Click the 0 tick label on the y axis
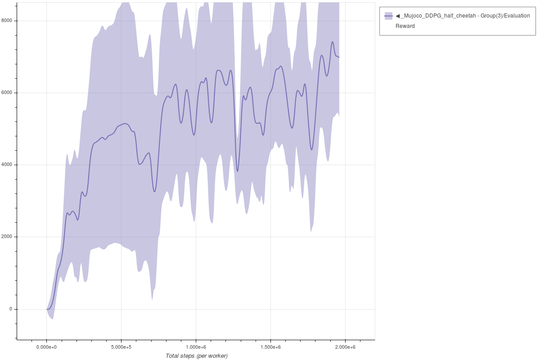(11, 309)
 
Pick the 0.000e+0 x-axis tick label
(46, 347)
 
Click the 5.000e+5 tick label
(121, 347)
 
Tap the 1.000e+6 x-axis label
(196, 347)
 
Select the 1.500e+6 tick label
(270, 347)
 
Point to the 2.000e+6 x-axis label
(345, 347)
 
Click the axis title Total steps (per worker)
(197, 356)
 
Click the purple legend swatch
(388, 16)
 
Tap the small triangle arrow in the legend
(398, 16)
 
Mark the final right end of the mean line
(339, 57)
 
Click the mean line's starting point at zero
(47, 309)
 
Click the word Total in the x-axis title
(173, 356)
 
